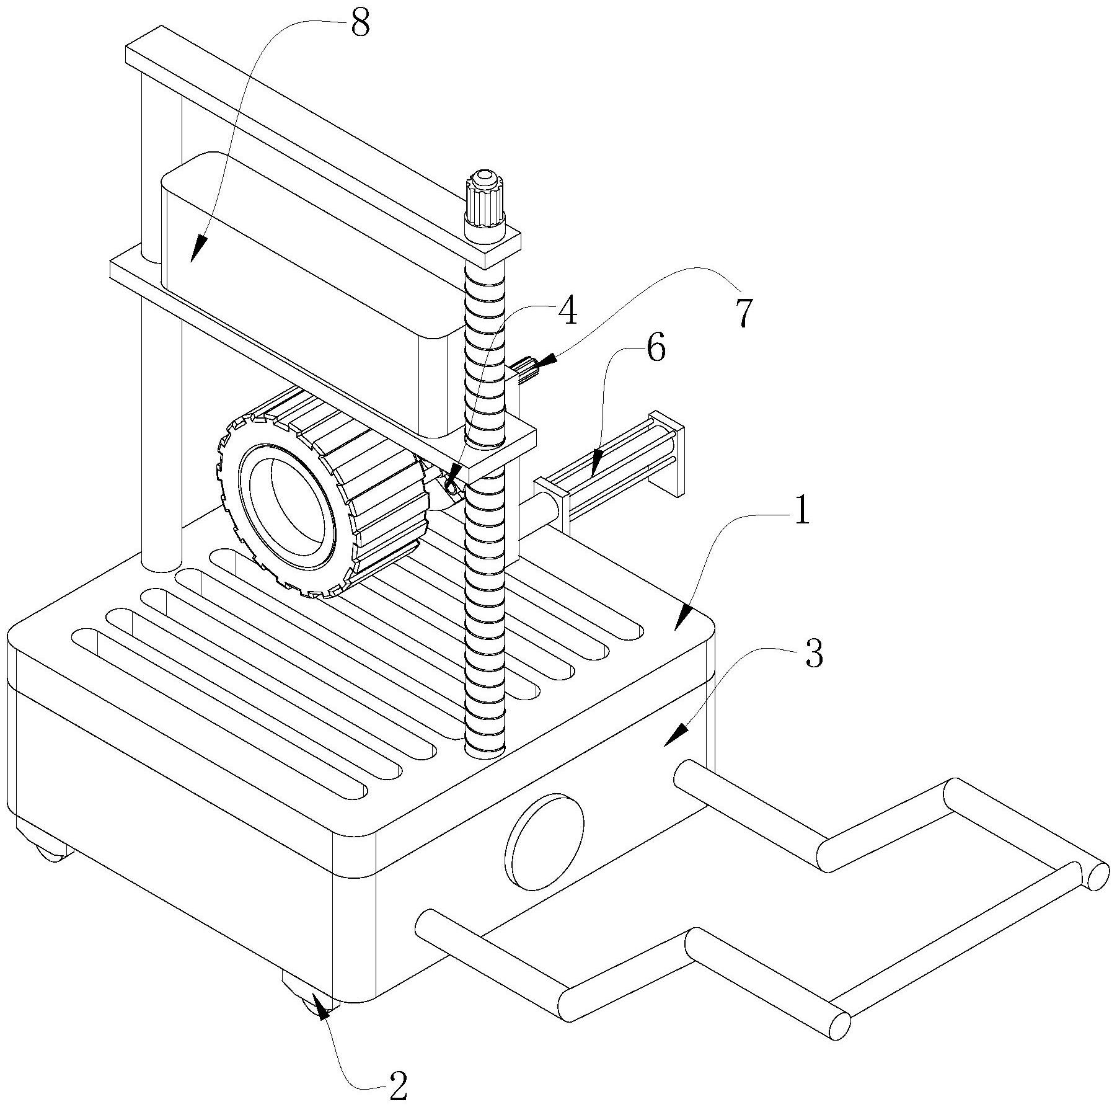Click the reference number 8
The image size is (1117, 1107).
[360, 23]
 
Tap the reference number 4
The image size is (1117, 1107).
[567, 311]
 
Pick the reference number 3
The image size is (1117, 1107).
[814, 653]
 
